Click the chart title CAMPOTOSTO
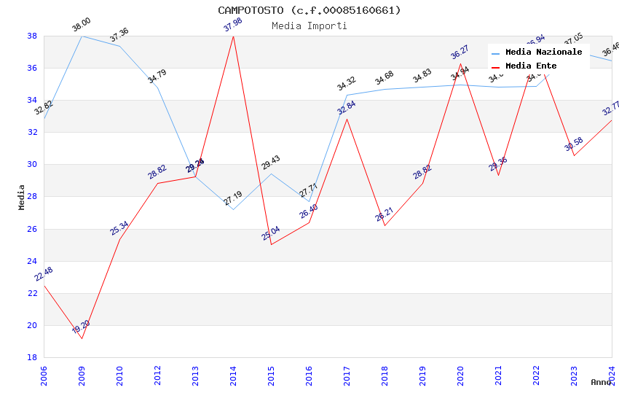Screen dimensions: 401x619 click(309, 10)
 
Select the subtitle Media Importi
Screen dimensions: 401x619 click(309, 26)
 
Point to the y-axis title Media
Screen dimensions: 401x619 click(22, 197)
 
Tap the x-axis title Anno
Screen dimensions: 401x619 click(601, 382)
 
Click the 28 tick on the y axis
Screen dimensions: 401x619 click(32, 197)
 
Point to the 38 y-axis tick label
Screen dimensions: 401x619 click(32, 36)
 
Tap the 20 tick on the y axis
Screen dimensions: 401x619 click(32, 325)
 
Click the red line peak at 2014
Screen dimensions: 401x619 click(233, 36)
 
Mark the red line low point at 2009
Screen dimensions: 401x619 click(82, 338)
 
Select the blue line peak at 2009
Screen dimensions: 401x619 click(82, 36)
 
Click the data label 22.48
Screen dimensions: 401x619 click(44, 274)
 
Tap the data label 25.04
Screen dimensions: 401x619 click(271, 233)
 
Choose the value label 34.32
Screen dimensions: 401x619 click(347, 84)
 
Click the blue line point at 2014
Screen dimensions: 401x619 click(233, 209)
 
